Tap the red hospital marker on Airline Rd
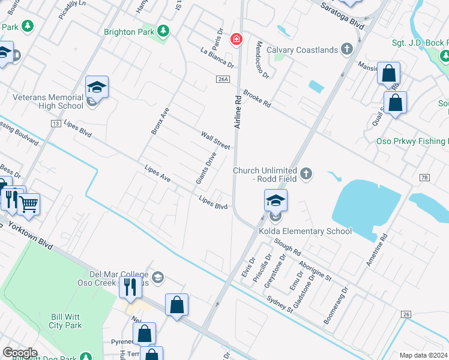[237, 40]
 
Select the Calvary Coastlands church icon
[346, 49]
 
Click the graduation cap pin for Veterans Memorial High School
[97, 87]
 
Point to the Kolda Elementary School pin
[276, 200]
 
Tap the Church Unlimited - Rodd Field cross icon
[307, 174]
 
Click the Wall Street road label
[215, 141]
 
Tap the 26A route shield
[223, 79]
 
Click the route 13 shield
[56, 124]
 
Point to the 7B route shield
[424, 178]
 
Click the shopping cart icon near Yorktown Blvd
[29, 204]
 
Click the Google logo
[20, 353]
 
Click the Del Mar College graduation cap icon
[157, 277]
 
